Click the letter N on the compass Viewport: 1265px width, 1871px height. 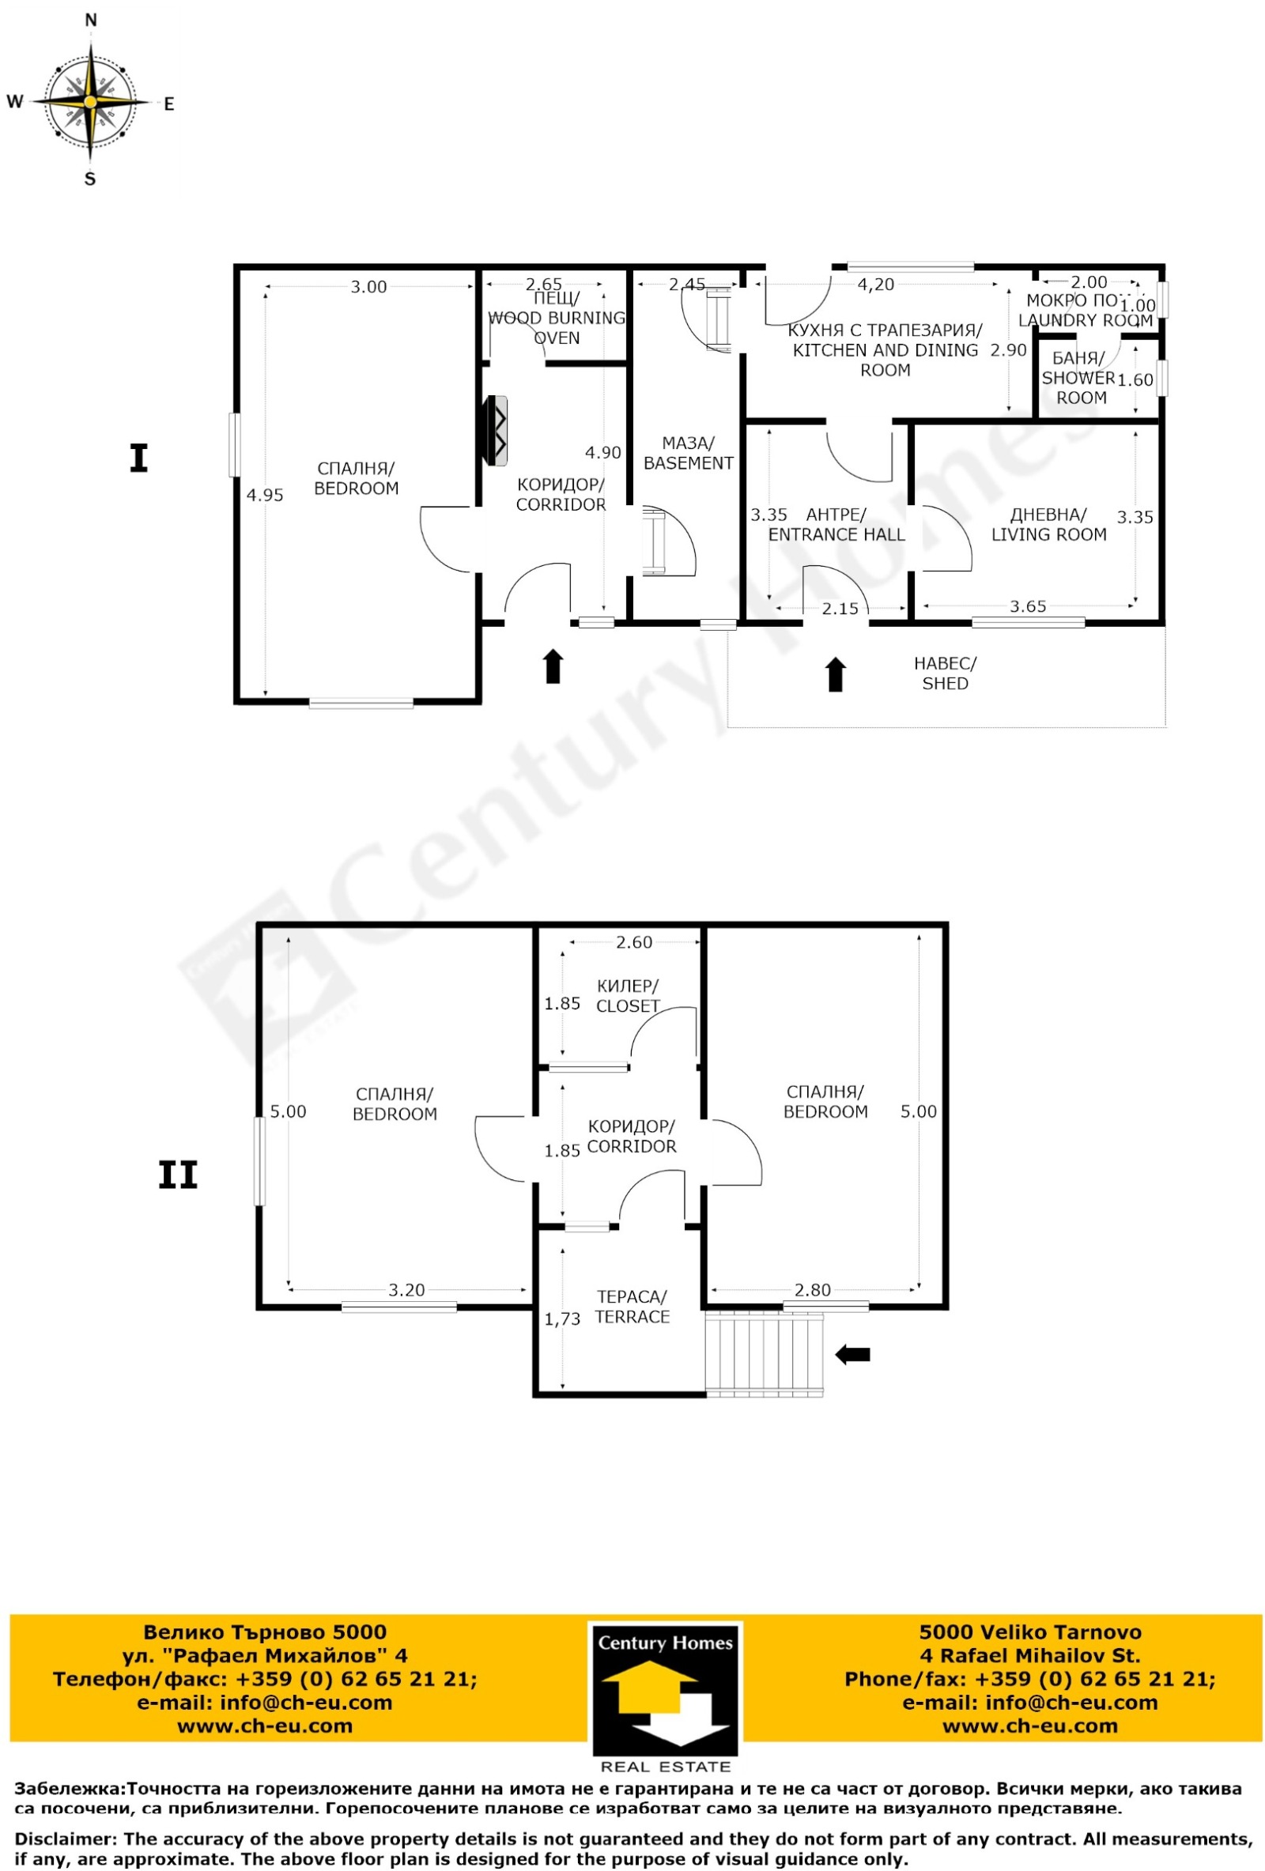tap(91, 21)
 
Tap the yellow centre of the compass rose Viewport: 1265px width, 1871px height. tap(91, 102)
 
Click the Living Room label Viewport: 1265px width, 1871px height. tap(1048, 525)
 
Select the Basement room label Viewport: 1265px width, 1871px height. tap(689, 453)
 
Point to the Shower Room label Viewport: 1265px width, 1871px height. tap(1080, 378)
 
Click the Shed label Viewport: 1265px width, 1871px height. tap(946, 673)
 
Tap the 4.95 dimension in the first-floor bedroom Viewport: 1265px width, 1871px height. tap(265, 495)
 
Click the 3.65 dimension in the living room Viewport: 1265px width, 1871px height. tap(1029, 606)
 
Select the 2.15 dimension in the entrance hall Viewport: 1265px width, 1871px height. tap(840, 609)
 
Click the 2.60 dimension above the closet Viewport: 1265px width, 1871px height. tap(634, 943)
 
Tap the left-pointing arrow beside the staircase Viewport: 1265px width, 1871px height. tap(852, 1355)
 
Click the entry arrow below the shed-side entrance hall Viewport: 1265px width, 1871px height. tap(836, 675)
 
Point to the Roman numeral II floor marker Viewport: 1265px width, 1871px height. tap(178, 1176)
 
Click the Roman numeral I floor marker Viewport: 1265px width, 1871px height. tap(138, 460)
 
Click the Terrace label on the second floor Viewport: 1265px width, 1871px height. tap(632, 1307)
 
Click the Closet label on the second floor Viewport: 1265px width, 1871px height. tap(628, 996)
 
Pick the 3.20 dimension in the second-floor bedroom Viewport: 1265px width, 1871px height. tap(406, 1291)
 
